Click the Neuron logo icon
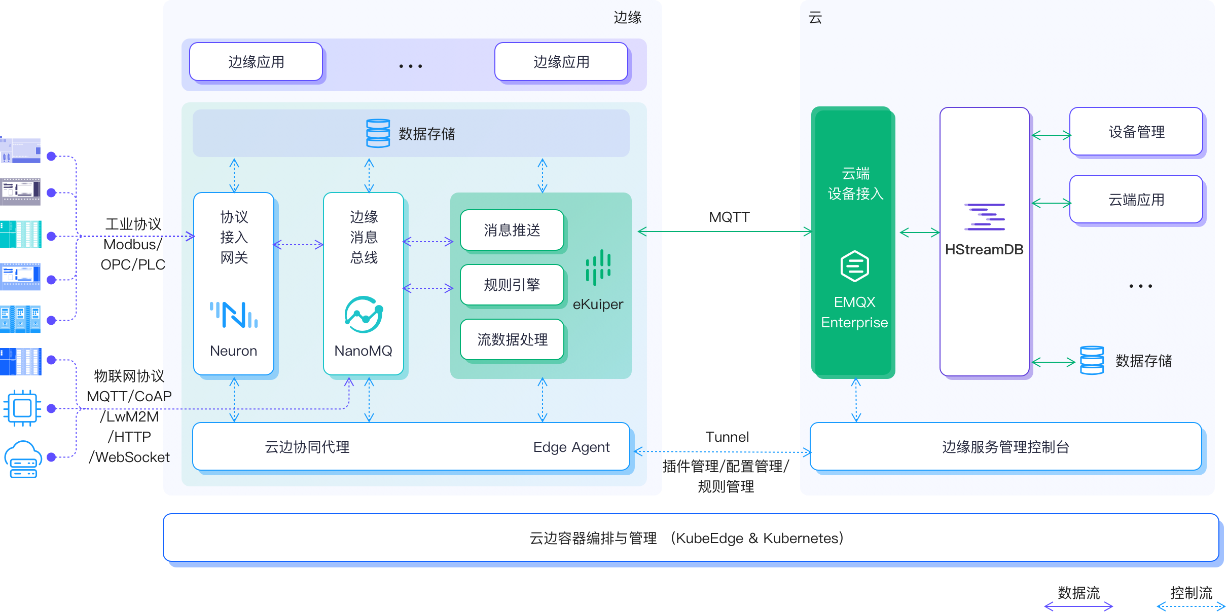coord(234,315)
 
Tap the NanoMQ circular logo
coord(364,315)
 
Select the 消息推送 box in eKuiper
coord(512,231)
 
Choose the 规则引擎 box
coord(512,285)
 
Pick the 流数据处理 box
coord(512,339)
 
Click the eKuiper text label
coord(598,304)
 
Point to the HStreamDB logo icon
coord(985,217)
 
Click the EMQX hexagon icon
coord(855,266)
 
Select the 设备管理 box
coord(1136,132)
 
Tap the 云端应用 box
coord(1136,200)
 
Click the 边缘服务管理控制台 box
coord(1006,447)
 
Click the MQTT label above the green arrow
coord(729,217)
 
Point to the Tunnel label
coord(727,437)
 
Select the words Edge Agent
coord(571,447)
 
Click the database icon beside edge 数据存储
coord(378,133)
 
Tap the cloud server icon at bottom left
coord(23,459)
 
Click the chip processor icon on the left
coord(22,408)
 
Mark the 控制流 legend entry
coord(1191,593)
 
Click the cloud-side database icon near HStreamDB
coord(1092,360)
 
